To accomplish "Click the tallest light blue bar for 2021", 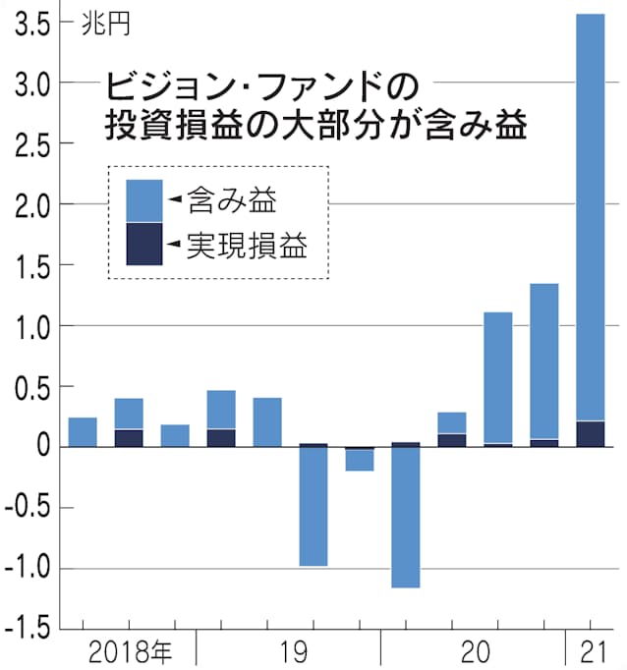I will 590,216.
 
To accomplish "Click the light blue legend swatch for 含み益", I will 144,201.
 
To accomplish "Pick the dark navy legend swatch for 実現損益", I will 144,244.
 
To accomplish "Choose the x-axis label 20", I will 475,651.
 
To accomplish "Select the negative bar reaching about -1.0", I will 313,506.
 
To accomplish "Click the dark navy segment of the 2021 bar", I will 590,433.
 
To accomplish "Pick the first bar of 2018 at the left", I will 83,432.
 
